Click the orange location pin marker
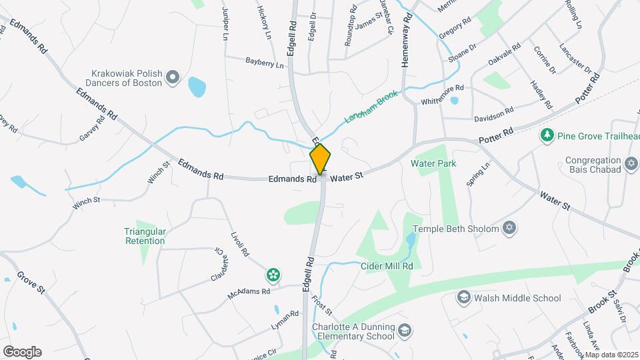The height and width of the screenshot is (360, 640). pyautogui.click(x=321, y=159)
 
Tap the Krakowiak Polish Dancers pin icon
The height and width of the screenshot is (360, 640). pyautogui.click(x=173, y=78)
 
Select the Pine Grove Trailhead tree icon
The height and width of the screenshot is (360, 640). pyautogui.click(x=547, y=135)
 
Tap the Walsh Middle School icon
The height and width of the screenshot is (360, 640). pyautogui.click(x=463, y=298)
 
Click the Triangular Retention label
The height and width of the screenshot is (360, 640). pyautogui.click(x=145, y=236)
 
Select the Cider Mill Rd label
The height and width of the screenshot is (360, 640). pyautogui.click(x=387, y=266)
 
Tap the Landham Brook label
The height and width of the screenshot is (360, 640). pyautogui.click(x=371, y=105)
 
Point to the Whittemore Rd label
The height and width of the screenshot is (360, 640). pyautogui.click(x=443, y=94)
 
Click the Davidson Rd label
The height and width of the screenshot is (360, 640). pyautogui.click(x=493, y=115)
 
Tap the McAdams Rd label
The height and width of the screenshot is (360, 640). pyautogui.click(x=248, y=292)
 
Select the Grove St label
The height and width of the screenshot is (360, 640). pyautogui.click(x=31, y=283)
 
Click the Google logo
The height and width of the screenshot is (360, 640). pyautogui.click(x=22, y=351)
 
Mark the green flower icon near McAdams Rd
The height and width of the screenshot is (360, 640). pyautogui.click(x=273, y=274)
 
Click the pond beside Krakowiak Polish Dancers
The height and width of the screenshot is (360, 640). pyautogui.click(x=197, y=87)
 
